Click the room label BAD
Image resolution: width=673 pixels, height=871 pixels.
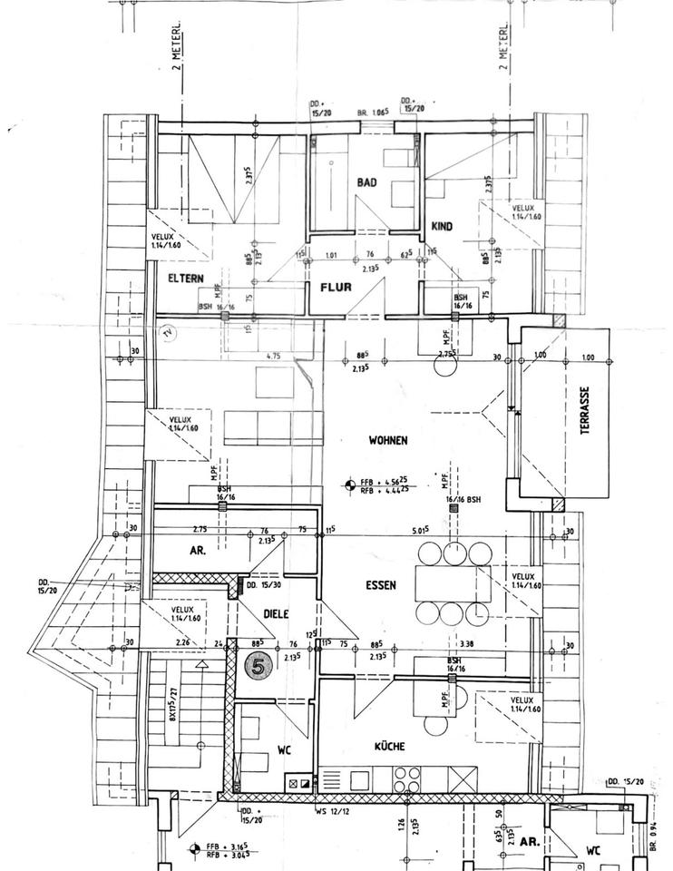pyautogui.click(x=366, y=182)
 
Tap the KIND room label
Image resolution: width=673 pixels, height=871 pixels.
pyautogui.click(x=442, y=227)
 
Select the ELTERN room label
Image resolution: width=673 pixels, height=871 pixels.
pyautogui.click(x=184, y=279)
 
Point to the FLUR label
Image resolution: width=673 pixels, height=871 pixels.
pyautogui.click(x=335, y=291)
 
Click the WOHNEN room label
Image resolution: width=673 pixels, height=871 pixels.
pyautogui.click(x=387, y=440)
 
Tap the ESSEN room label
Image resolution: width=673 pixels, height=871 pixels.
pyautogui.click(x=380, y=585)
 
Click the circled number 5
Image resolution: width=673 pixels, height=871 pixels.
pyautogui.click(x=259, y=665)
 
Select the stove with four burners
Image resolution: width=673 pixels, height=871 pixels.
pyautogui.click(x=405, y=779)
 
